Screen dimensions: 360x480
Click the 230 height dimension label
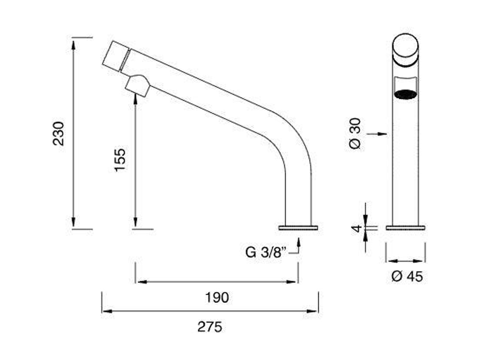tap(59, 133)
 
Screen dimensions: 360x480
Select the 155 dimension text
tap(120, 160)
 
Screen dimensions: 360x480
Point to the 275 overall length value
tap(210, 327)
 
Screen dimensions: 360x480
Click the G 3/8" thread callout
tap(265, 252)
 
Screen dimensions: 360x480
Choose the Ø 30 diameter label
tap(355, 134)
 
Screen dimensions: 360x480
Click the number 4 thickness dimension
tap(356, 228)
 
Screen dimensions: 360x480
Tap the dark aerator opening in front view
tap(406, 95)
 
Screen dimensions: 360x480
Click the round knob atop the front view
tap(406, 47)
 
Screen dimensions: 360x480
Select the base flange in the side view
tap(299, 227)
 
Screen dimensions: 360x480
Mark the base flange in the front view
tap(405, 227)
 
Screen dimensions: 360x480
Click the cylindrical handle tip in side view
tap(114, 55)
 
